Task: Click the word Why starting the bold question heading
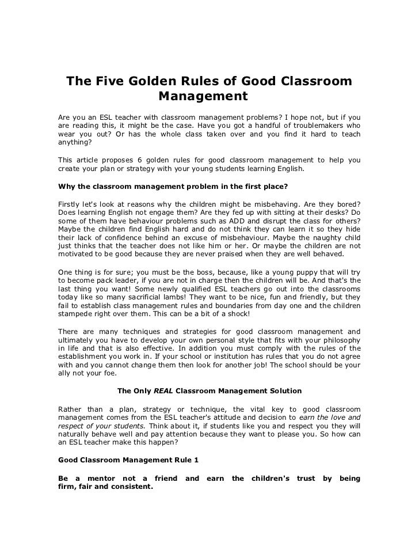[67, 186]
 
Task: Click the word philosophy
[340, 340]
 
